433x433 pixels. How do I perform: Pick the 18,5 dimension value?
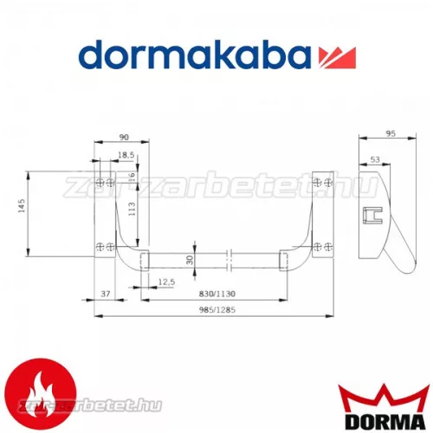tap(126, 154)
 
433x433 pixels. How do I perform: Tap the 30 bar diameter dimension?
tap(190, 260)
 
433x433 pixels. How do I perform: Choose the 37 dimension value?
tap(106, 295)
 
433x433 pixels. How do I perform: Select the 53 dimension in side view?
tap(374, 159)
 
